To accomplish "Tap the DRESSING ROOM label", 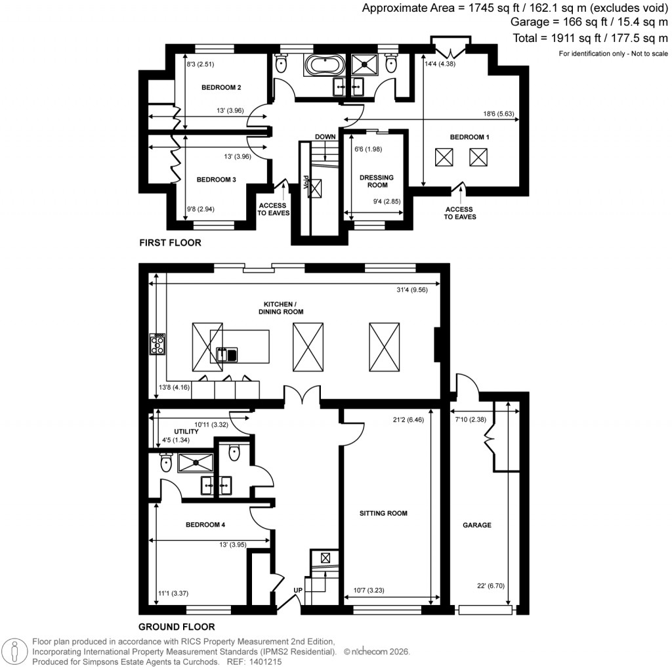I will click(x=377, y=181).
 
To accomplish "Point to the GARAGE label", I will click(x=477, y=525).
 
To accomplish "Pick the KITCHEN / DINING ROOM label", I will click(x=283, y=308).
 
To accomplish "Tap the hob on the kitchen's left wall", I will click(x=157, y=344).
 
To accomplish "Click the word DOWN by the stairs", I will click(x=325, y=136).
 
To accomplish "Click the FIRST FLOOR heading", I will click(x=170, y=243).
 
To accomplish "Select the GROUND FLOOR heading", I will click(x=177, y=627).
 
